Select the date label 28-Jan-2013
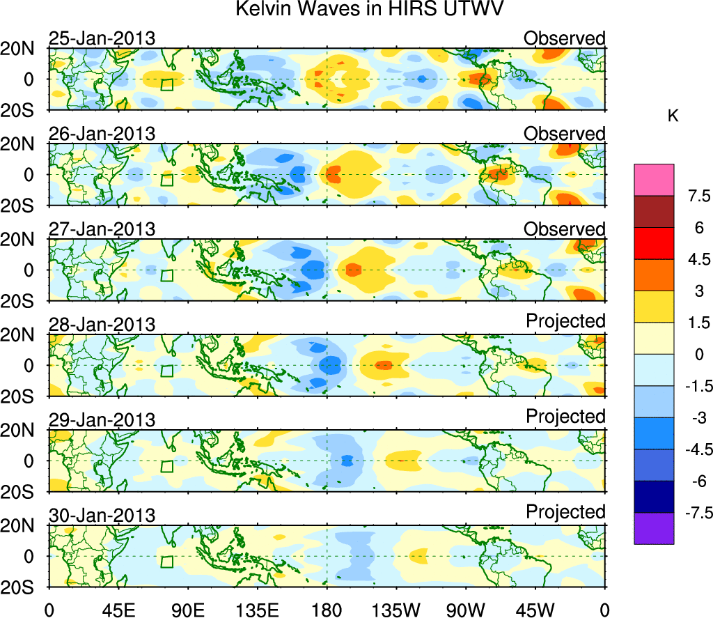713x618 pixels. tap(102, 324)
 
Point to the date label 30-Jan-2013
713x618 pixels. tap(102, 515)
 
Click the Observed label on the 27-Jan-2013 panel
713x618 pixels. tap(565, 229)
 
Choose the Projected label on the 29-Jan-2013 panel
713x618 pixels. tap(565, 417)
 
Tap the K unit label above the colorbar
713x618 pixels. tap(673, 116)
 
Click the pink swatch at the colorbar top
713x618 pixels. tap(654, 180)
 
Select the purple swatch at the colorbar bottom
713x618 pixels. tap(654, 528)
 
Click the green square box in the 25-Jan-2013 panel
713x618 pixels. tap(166, 84)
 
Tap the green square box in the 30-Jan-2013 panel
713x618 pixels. tap(166, 562)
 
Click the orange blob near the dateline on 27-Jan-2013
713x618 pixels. tap(353, 269)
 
